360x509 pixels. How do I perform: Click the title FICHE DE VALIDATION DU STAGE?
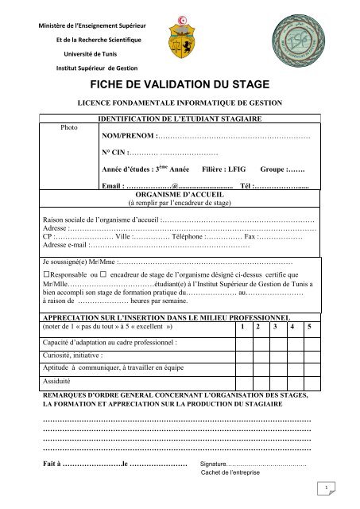[180, 84]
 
